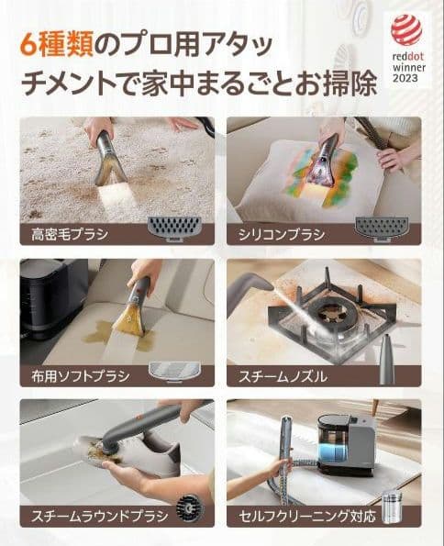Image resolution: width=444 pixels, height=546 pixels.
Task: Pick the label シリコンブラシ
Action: [280, 234]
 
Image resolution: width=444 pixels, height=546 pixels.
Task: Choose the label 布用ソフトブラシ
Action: [77, 376]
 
